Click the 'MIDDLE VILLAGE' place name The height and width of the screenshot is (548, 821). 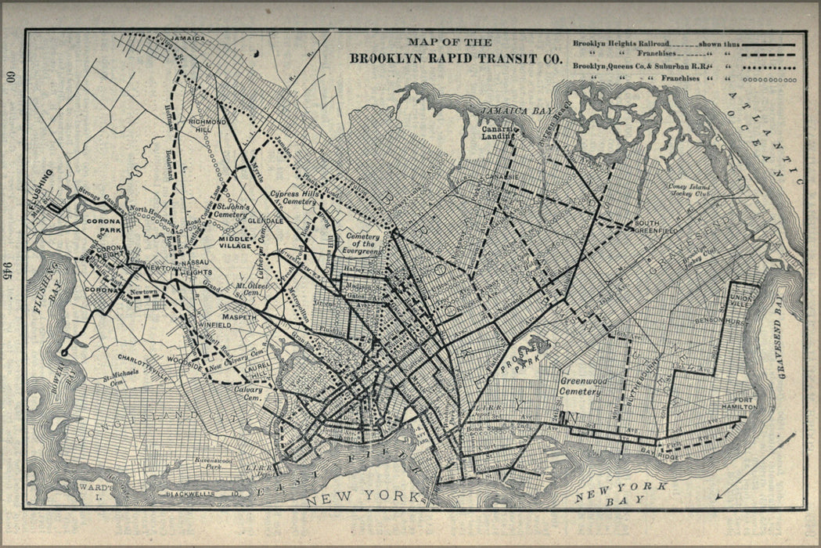coord(236,243)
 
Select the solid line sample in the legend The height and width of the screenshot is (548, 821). coord(768,45)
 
